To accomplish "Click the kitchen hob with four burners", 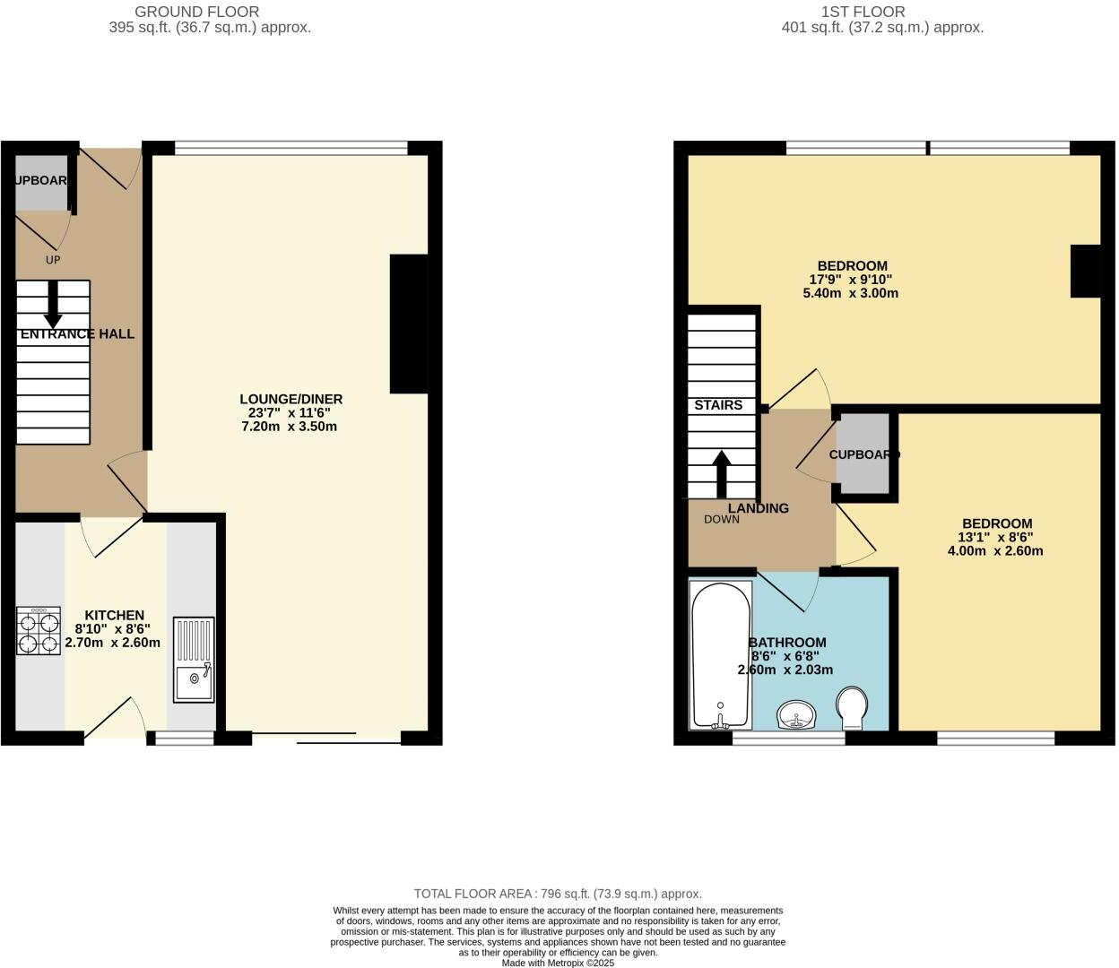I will click(x=39, y=631).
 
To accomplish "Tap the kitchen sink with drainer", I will click(x=194, y=659).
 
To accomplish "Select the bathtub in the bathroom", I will click(x=721, y=654).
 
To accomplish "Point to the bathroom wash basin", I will click(x=796, y=715).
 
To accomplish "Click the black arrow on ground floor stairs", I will click(x=53, y=305).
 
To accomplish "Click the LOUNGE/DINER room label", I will click(x=291, y=399).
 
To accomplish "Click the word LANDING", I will click(x=759, y=508).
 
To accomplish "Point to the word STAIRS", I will click(x=718, y=405).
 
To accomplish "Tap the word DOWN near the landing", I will click(x=722, y=520).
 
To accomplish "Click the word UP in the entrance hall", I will click(x=53, y=260).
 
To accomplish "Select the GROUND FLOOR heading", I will click(x=196, y=12).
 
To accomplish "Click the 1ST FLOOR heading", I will click(x=863, y=12).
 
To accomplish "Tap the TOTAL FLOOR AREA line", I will click(x=558, y=894).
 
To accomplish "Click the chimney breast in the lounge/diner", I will click(x=409, y=324).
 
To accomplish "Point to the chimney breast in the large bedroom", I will click(x=1086, y=271).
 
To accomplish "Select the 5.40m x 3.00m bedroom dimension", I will click(x=850, y=293).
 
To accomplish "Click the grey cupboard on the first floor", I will click(x=863, y=454).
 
